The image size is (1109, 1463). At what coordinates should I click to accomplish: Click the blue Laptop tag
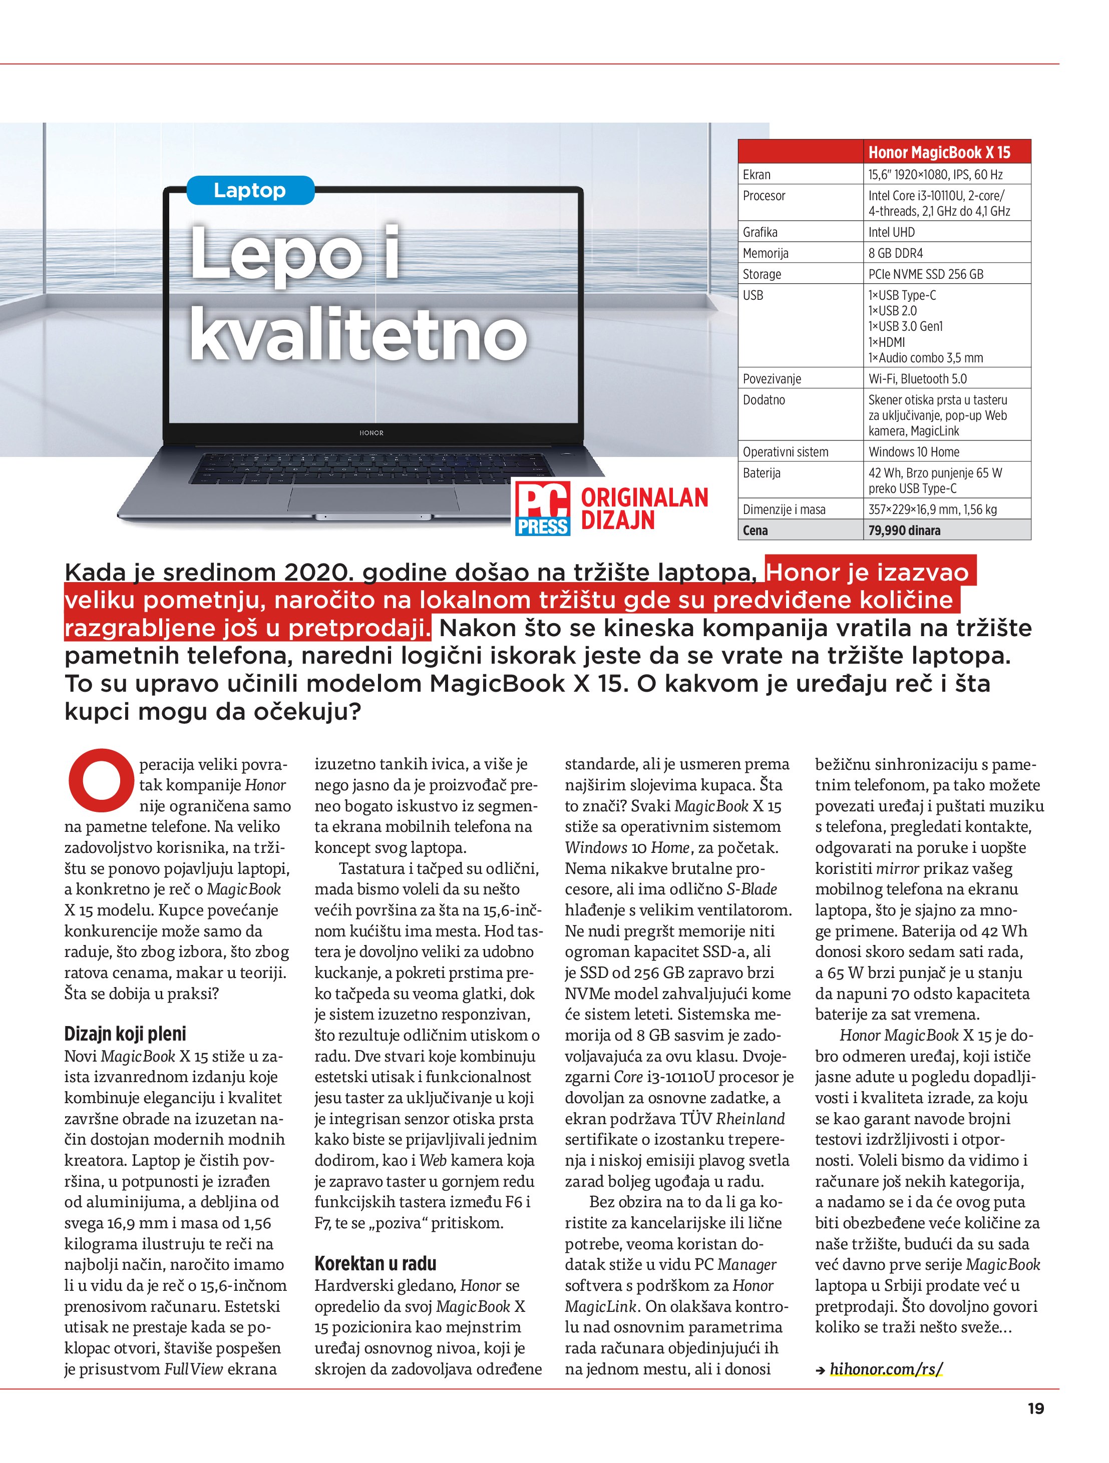[249, 191]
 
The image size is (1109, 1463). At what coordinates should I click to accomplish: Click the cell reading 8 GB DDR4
[895, 253]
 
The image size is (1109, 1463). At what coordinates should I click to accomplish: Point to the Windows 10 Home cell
[914, 452]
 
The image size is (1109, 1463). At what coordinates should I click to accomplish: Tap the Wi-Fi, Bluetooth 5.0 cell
[917, 379]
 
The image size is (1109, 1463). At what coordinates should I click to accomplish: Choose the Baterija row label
[762, 473]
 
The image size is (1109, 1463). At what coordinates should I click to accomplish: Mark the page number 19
[1035, 1409]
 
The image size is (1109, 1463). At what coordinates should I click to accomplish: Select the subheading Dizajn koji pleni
[125, 1034]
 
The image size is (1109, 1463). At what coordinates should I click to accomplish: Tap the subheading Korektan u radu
[375, 1264]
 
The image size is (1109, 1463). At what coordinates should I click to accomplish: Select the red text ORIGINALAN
[644, 498]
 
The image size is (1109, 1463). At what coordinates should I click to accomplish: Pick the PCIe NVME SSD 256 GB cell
[926, 274]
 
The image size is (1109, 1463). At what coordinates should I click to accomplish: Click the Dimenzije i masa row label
[784, 510]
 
